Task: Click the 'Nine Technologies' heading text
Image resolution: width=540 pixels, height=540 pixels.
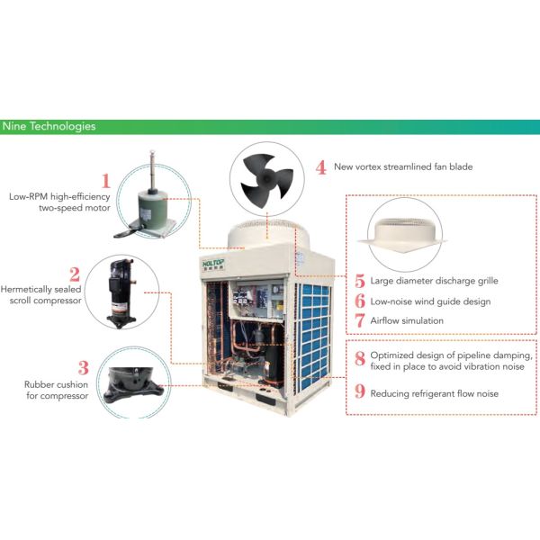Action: coord(49,126)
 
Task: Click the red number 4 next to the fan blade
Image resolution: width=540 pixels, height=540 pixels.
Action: coord(321,166)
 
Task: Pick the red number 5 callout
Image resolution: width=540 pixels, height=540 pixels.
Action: coord(360,282)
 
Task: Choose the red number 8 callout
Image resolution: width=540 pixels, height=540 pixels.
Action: coord(360,359)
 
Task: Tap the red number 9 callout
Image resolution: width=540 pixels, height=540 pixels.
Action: coord(360,392)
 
